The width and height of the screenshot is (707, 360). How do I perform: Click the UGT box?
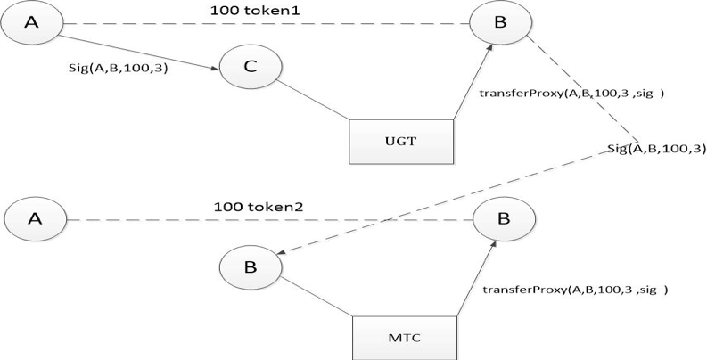coord(401,142)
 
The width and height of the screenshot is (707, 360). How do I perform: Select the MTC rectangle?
coord(405,338)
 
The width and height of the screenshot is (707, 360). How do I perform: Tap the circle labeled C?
coord(251,67)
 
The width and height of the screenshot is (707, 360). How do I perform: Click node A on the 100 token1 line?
coord(31,22)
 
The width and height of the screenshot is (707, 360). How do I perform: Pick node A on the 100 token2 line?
coord(35,219)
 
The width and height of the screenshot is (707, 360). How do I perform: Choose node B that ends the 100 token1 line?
coord(500,22)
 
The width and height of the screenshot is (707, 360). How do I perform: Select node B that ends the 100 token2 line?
coord(504,219)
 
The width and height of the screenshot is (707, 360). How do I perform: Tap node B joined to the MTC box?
coord(251,266)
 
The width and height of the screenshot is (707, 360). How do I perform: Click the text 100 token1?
coord(255,11)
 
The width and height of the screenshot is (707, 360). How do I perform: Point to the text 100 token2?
coord(259,207)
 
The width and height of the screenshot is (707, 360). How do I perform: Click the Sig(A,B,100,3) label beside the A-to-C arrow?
coord(119,68)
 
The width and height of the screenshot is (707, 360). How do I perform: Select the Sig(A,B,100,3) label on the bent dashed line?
coord(656,149)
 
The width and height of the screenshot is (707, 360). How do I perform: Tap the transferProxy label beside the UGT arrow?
coord(571,94)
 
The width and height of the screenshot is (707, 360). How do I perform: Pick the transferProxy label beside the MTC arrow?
coord(575,290)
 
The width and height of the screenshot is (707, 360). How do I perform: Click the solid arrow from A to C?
coord(140,53)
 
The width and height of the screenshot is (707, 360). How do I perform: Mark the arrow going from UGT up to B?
coord(473,82)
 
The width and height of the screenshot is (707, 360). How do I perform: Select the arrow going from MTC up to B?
coord(476,277)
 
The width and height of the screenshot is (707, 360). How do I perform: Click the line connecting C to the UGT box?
coord(313,100)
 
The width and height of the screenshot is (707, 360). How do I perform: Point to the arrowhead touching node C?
coord(216,69)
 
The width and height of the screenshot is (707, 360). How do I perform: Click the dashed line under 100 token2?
coord(269,220)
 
